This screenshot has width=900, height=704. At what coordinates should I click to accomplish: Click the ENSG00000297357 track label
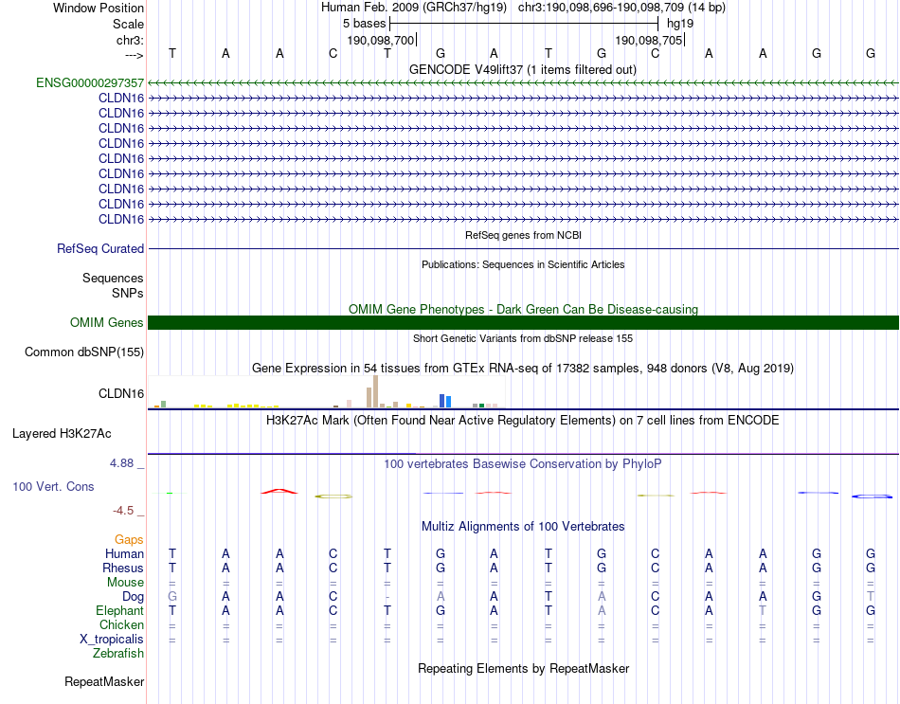pos(90,82)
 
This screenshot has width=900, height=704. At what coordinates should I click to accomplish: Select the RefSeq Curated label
pos(100,248)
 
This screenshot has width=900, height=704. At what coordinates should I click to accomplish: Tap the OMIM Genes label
pos(107,323)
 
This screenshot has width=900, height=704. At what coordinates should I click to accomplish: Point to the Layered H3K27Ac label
pos(62,434)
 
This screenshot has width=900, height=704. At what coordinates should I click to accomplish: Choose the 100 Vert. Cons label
pos(53,486)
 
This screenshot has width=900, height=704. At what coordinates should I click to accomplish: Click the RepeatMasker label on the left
pos(104,681)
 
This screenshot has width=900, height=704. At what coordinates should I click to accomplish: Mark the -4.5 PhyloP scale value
pos(125,511)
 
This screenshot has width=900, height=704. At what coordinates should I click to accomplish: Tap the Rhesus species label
pos(123,568)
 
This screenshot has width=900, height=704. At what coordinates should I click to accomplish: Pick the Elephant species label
pos(119,611)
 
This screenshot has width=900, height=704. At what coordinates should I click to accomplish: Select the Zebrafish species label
pos(118,653)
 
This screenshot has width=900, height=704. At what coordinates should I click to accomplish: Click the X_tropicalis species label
pos(112,640)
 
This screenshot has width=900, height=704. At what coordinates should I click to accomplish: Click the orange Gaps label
pos(129,539)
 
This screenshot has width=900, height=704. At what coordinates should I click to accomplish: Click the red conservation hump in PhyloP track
pos(279,491)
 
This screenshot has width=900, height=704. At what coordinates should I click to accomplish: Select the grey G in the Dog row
pos(172,597)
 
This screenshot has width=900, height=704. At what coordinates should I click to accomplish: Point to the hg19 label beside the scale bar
pos(680,22)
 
